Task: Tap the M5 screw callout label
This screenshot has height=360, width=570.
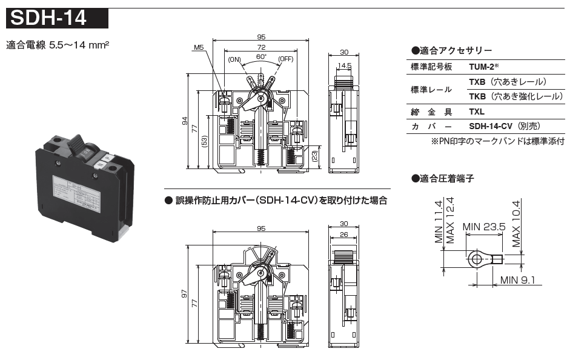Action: point(199,47)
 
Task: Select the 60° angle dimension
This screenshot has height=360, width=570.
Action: point(261,56)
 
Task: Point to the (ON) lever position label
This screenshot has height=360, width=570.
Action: point(235,59)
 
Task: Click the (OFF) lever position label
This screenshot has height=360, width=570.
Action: point(286,59)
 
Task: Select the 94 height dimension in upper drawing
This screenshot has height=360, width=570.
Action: point(185,121)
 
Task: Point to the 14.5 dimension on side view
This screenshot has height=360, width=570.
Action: point(345,65)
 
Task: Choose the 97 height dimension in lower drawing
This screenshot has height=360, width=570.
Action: point(185,295)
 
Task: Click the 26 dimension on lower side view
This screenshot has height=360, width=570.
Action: point(345,234)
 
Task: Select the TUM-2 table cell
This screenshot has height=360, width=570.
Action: point(485,67)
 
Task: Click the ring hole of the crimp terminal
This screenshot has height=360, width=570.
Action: point(474,261)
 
